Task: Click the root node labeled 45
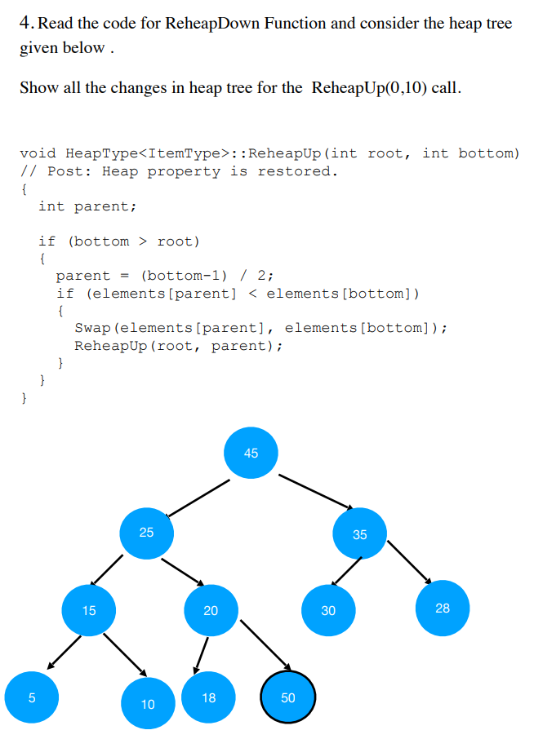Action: click(251, 452)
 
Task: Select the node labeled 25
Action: click(146, 533)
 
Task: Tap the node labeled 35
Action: click(360, 534)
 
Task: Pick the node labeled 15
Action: click(89, 609)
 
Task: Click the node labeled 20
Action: click(211, 610)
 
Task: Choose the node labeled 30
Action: click(328, 610)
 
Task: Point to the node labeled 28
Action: click(443, 608)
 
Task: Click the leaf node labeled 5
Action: click(32, 697)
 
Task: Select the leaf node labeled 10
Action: click(148, 703)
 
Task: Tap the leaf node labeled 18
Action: click(209, 697)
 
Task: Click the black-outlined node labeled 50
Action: click(288, 697)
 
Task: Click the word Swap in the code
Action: click(93, 328)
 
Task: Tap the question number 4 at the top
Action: click(27, 24)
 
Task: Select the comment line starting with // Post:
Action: click(178, 171)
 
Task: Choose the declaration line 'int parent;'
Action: click(87, 206)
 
